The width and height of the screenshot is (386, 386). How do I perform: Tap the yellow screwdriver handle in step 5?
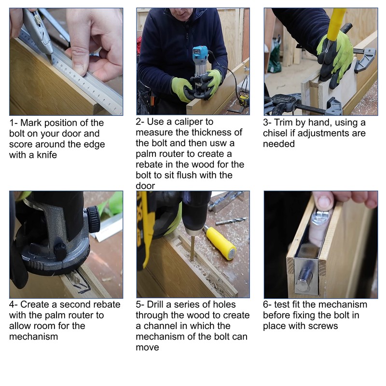221,243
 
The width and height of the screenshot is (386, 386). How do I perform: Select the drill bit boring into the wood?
192,248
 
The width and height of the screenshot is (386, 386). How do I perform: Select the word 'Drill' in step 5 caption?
155,304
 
